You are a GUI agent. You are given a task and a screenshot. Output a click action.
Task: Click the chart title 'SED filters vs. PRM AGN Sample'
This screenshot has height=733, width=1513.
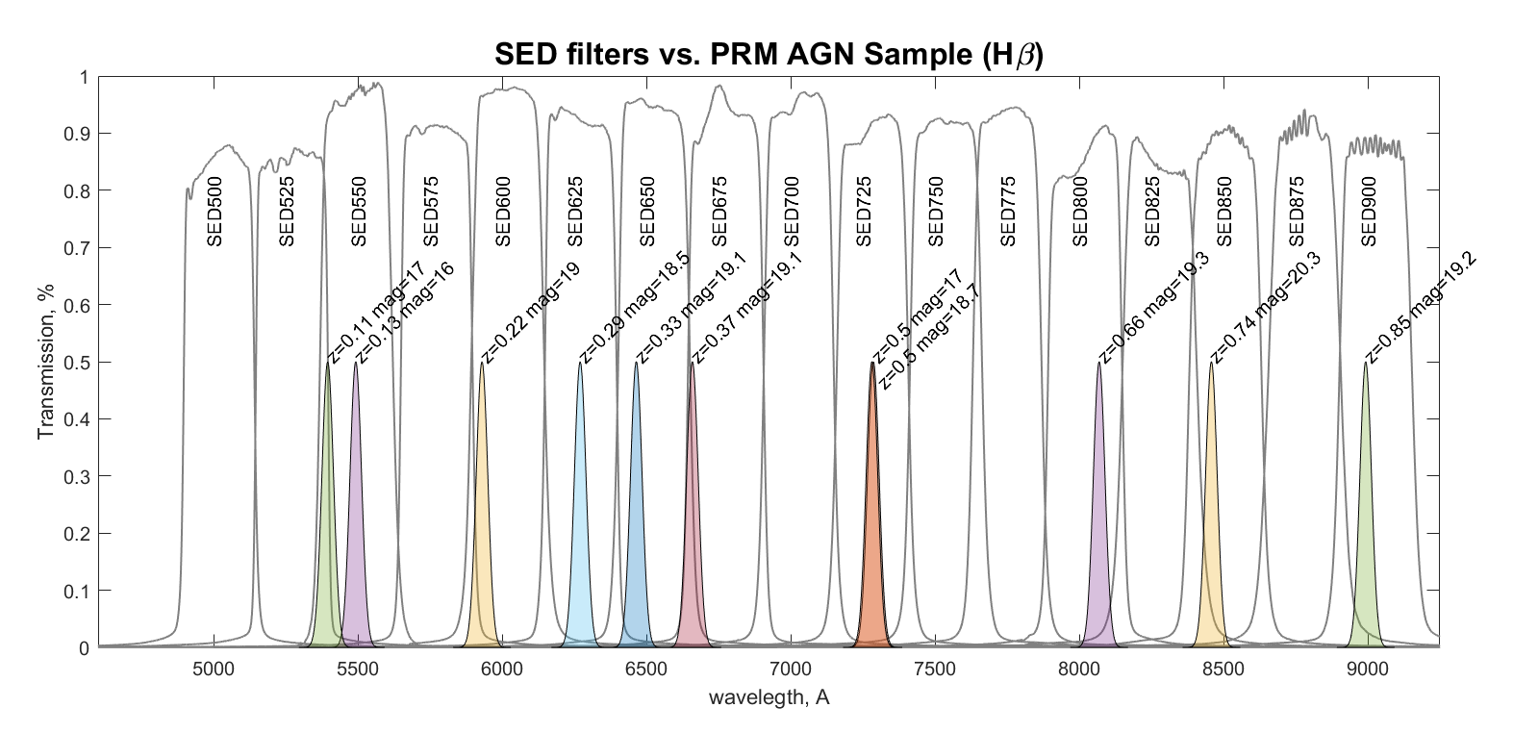pyautogui.click(x=769, y=54)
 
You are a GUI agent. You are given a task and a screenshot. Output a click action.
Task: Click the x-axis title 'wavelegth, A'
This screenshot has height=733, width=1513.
pyautogui.click(x=769, y=697)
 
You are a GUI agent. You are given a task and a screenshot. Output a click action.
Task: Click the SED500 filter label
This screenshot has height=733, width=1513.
pyautogui.click(x=214, y=211)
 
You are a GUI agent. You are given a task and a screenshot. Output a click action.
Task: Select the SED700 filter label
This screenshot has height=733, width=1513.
pyautogui.click(x=792, y=211)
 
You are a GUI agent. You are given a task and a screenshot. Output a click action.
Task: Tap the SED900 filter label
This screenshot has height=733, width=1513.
pyautogui.click(x=1370, y=211)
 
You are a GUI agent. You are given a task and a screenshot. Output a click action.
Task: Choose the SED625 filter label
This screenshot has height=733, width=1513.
pyautogui.click(x=575, y=211)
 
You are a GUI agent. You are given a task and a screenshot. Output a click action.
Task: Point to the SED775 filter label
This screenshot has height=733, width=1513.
pyautogui.click(x=1008, y=211)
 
